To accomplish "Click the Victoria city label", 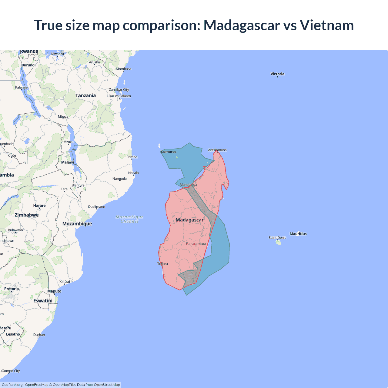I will [277, 74].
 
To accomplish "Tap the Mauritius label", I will [298, 234].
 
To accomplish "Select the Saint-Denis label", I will [277, 238].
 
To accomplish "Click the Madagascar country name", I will [189, 220].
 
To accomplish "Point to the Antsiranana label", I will [217, 150].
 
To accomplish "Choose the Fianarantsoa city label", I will [196, 244].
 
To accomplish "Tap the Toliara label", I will [162, 264].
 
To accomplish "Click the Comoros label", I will [169, 152].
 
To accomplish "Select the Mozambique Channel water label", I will [129, 219].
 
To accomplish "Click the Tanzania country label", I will [85, 95].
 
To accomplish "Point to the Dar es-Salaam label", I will [120, 96].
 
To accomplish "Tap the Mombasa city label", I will [123, 69].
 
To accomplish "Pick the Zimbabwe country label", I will [27, 215].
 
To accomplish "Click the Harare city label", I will [39, 206].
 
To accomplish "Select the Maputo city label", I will [54, 291].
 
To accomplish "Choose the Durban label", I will [39, 335].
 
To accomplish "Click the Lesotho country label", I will [13, 334].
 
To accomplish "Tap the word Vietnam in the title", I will [327, 25].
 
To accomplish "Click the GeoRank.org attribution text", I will [12, 385].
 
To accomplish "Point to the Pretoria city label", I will [12, 289].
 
